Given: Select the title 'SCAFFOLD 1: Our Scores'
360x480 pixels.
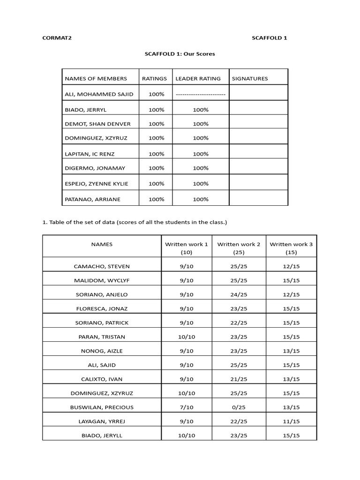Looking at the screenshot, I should tap(180, 54).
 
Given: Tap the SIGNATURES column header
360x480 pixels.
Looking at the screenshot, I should tap(250, 79).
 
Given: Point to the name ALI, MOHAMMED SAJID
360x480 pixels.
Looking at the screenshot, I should tap(99, 94).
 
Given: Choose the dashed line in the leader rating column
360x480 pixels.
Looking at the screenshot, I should tap(200, 94).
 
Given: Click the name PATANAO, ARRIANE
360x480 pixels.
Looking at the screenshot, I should tap(92, 199).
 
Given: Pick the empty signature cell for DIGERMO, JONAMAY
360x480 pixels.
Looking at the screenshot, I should tap(258, 168).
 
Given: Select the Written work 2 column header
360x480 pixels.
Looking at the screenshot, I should tap(239, 248).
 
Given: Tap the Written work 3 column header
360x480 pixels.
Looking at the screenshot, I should tap(291, 248).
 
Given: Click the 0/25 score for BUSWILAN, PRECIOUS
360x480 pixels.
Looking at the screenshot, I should tap(239, 407).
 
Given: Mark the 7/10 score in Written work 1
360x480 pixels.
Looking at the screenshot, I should tap(186, 407).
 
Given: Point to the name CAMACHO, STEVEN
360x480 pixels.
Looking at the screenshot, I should tap(102, 266).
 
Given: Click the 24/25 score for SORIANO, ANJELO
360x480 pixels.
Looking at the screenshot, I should tap(239, 294).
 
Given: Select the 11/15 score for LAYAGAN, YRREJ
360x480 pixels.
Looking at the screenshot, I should tap(291, 421).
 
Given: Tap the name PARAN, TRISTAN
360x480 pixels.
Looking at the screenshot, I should tap(102, 337).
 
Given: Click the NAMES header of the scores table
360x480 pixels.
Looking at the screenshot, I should tap(102, 244).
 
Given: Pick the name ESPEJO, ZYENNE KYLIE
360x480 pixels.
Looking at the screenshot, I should tap(96, 184).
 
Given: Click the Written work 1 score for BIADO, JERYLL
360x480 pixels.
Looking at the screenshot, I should tap(186, 435).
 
